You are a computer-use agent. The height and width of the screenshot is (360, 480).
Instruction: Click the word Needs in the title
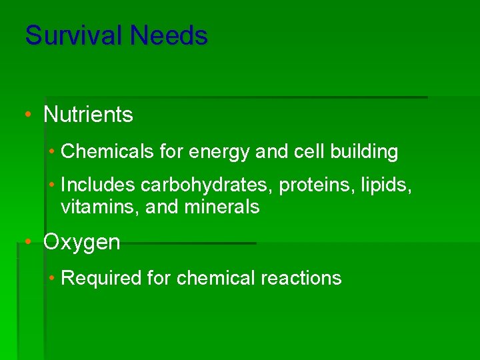pos(174,35)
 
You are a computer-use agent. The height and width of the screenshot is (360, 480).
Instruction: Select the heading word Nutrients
pos(88,115)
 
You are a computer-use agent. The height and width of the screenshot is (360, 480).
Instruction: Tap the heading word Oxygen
pos(81,243)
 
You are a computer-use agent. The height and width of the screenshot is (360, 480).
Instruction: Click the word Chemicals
pos(108,152)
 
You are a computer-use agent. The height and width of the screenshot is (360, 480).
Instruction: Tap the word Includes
pos(98,185)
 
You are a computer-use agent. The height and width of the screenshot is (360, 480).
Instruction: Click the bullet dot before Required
pos(53,278)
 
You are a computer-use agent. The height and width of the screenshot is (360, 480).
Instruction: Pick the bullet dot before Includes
pos(53,185)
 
